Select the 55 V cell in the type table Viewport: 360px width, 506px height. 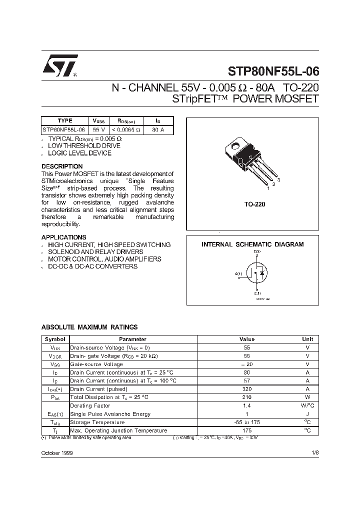tap(99, 129)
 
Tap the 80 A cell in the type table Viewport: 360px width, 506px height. tap(157, 129)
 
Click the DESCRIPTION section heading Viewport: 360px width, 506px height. tap(62, 166)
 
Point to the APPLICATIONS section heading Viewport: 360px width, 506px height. tap(63, 237)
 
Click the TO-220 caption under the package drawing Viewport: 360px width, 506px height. tap(254, 204)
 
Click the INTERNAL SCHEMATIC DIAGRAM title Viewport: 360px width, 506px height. tap(252, 244)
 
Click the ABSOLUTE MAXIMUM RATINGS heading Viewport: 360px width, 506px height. tap(89, 327)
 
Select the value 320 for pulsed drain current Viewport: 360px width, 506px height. tap(247, 389)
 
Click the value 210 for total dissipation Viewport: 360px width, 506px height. tap(247, 397)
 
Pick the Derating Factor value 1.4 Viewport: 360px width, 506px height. tap(247, 405)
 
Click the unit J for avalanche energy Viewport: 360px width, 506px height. tap(307, 414)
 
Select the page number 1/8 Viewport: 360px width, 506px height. tap(314, 452)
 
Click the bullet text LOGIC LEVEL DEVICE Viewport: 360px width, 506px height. tap(79, 153)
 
